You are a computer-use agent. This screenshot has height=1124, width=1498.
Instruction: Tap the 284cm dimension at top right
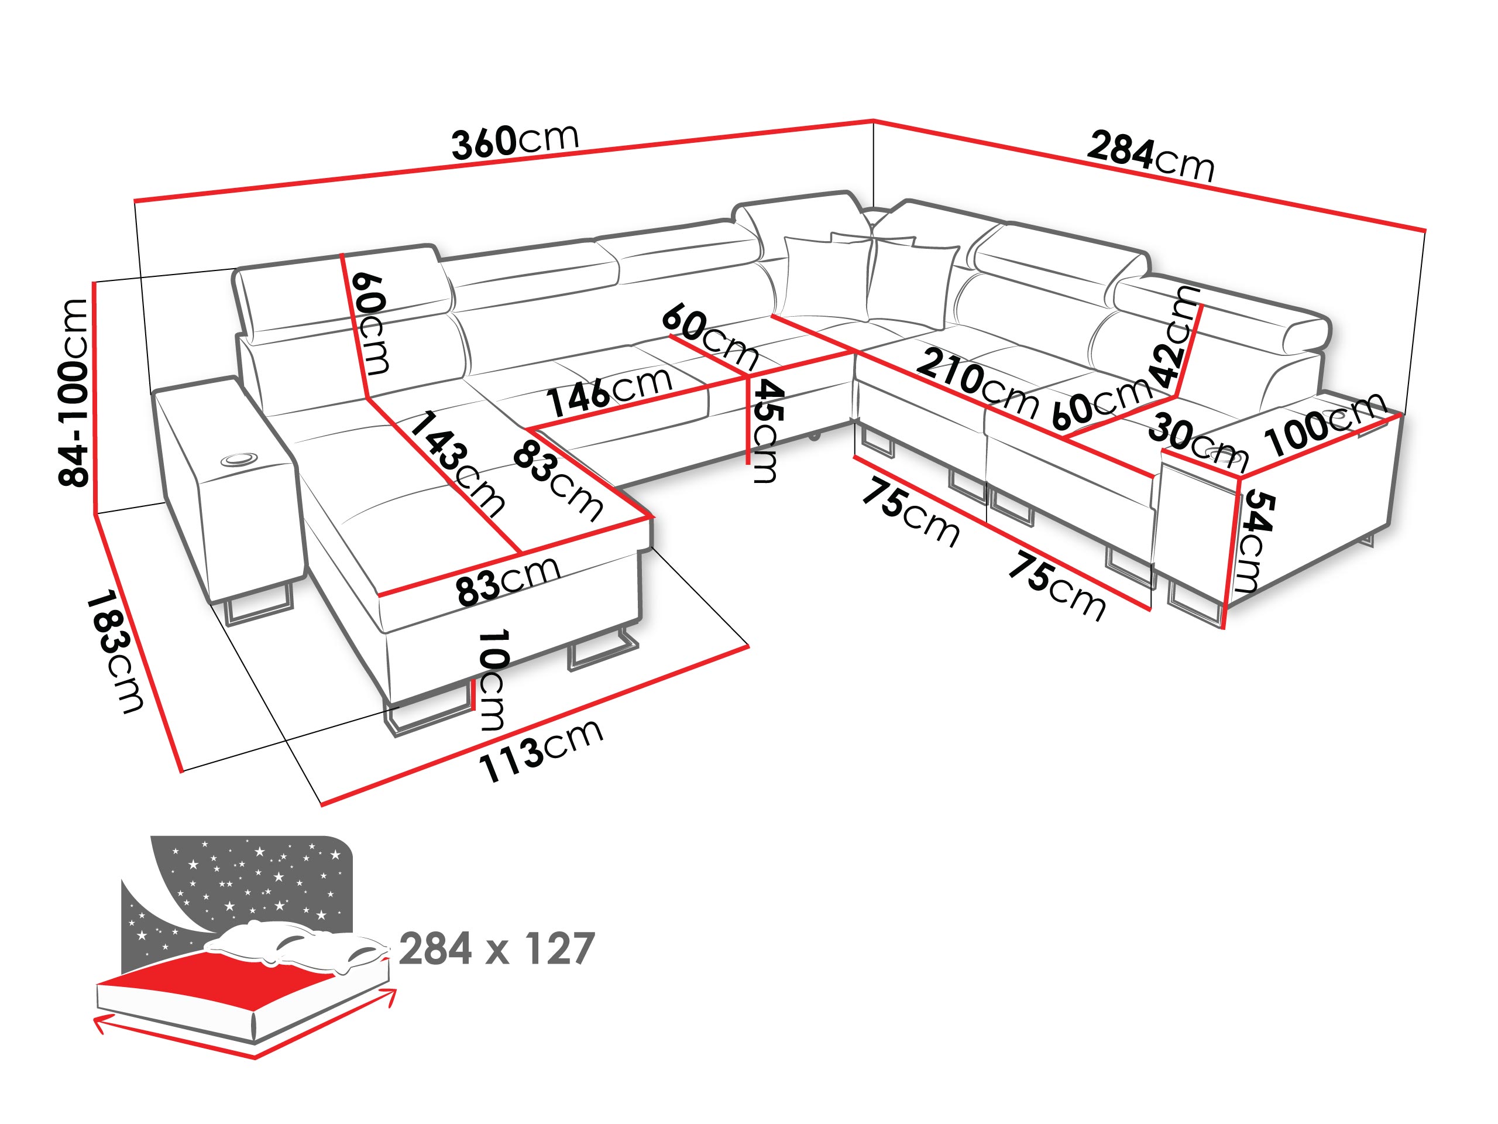click(x=1150, y=157)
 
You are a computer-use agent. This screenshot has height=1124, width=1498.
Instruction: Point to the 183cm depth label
click(x=115, y=651)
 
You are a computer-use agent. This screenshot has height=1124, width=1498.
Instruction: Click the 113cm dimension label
click(x=541, y=750)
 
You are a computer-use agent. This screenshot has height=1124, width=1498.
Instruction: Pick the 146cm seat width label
click(x=610, y=392)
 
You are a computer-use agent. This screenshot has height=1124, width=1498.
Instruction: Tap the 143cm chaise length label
click(x=457, y=464)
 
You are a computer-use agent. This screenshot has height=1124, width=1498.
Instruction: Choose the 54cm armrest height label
click(x=1258, y=542)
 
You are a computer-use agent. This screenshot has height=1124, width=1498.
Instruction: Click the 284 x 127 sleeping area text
click(x=496, y=948)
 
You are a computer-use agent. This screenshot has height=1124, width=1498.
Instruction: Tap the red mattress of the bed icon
click(x=224, y=976)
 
